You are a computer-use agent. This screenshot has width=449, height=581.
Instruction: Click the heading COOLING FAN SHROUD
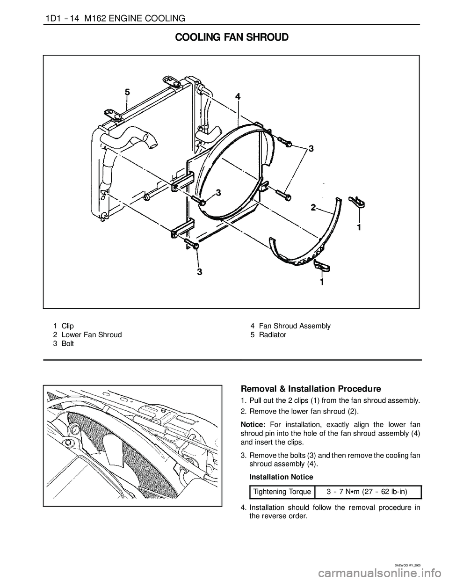pos(232,37)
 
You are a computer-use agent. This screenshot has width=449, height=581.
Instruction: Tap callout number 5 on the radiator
pos(128,92)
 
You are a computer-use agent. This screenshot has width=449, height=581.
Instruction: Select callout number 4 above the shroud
pos(238,96)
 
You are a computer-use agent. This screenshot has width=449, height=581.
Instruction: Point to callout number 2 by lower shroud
pos(313,207)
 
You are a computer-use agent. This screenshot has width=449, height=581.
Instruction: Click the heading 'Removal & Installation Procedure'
pos(311,389)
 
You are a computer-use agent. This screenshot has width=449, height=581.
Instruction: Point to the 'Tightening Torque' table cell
pos(282,492)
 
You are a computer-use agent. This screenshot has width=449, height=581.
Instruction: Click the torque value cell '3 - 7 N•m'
pos(368,492)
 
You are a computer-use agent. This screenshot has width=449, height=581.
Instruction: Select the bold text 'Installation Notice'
pos(281,477)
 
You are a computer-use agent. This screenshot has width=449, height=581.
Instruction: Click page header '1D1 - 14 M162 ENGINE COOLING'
pos(115,18)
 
